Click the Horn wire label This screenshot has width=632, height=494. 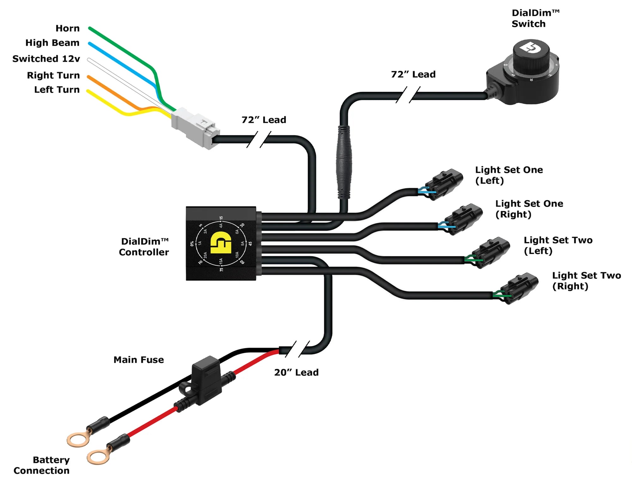click(x=67, y=28)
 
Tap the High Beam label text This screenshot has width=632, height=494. click(x=52, y=43)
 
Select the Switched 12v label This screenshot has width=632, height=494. click(x=46, y=59)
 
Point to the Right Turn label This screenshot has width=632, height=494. click(x=53, y=75)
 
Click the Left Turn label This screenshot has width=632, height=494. click(x=57, y=90)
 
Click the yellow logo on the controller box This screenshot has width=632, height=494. click(x=221, y=242)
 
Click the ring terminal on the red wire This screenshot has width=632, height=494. click(x=98, y=457)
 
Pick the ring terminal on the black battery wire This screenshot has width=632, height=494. click(x=78, y=440)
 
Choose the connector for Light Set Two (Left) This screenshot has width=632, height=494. click(x=491, y=253)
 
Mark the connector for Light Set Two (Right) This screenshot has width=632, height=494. click(x=520, y=288)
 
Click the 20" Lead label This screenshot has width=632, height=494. click(x=296, y=372)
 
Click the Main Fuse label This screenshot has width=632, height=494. click(x=138, y=360)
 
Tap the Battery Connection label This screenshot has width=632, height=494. click(x=42, y=465)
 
